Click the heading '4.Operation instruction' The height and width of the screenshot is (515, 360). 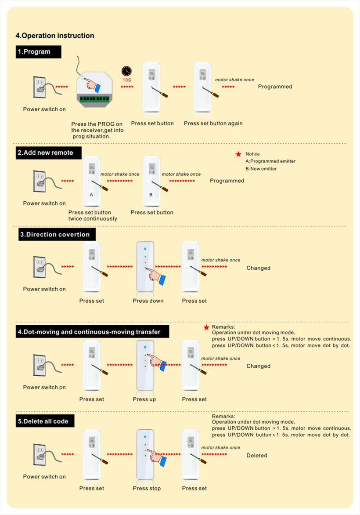click(55, 36)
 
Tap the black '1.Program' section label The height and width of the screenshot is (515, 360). click(38, 52)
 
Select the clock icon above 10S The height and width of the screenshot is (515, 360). click(126, 71)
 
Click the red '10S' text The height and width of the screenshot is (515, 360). click(127, 80)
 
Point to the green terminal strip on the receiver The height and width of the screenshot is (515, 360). click(94, 99)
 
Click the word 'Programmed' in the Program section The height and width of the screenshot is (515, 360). click(275, 87)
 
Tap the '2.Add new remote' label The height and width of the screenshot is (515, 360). click(49, 153)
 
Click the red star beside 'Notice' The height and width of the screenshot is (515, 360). click(238, 154)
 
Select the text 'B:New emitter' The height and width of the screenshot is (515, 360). click(261, 169)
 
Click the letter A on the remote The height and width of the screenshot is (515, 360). click(91, 194)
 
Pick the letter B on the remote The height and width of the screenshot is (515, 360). click(151, 194)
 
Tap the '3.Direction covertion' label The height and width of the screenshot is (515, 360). click(57, 235)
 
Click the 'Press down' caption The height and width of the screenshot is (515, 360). click(148, 301)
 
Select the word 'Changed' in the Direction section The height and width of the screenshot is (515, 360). click(259, 268)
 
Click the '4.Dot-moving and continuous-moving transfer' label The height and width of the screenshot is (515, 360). click(93, 332)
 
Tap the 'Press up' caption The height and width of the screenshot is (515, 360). click(144, 399)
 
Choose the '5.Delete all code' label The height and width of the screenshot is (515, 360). click(45, 421)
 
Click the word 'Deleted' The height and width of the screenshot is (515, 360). click(257, 456)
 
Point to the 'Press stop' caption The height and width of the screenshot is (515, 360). click(147, 488)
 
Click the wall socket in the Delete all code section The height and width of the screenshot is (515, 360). click(40, 454)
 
